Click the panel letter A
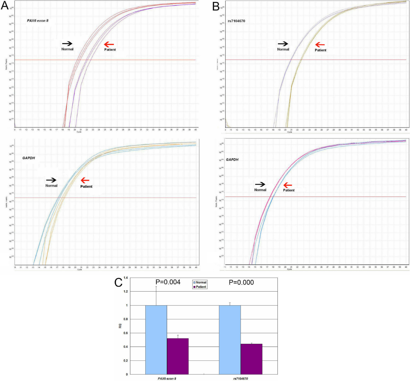tap(5, 5)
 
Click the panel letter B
tap(216, 6)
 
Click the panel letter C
tap(118, 282)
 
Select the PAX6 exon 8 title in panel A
tap(38, 21)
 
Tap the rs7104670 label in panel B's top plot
tap(236, 21)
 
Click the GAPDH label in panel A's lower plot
tap(29, 158)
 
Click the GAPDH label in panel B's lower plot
tap(232, 160)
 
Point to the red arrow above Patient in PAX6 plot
tap(109, 44)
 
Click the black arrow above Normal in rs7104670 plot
tap(283, 44)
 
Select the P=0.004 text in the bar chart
tap(168, 282)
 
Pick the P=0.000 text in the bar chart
tap(241, 282)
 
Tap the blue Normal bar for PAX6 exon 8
tap(156, 340)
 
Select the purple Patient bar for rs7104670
tap(251, 359)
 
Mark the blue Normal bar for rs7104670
tap(230, 340)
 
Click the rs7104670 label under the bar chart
tap(240, 379)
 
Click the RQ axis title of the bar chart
tap(120, 326)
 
